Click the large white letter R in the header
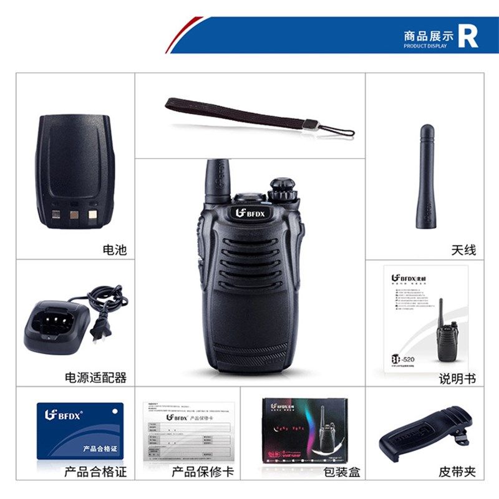pyautogui.click(x=468, y=36)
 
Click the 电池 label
pyautogui.click(x=114, y=250)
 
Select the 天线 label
pyautogui.click(x=463, y=250)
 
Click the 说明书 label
pyautogui.click(x=457, y=378)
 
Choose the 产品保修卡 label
pyautogui.click(x=203, y=472)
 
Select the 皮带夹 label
pyautogui.click(x=457, y=472)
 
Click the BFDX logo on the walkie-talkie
pyautogui.click(x=249, y=213)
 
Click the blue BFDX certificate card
pyautogui.click(x=80, y=431)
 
